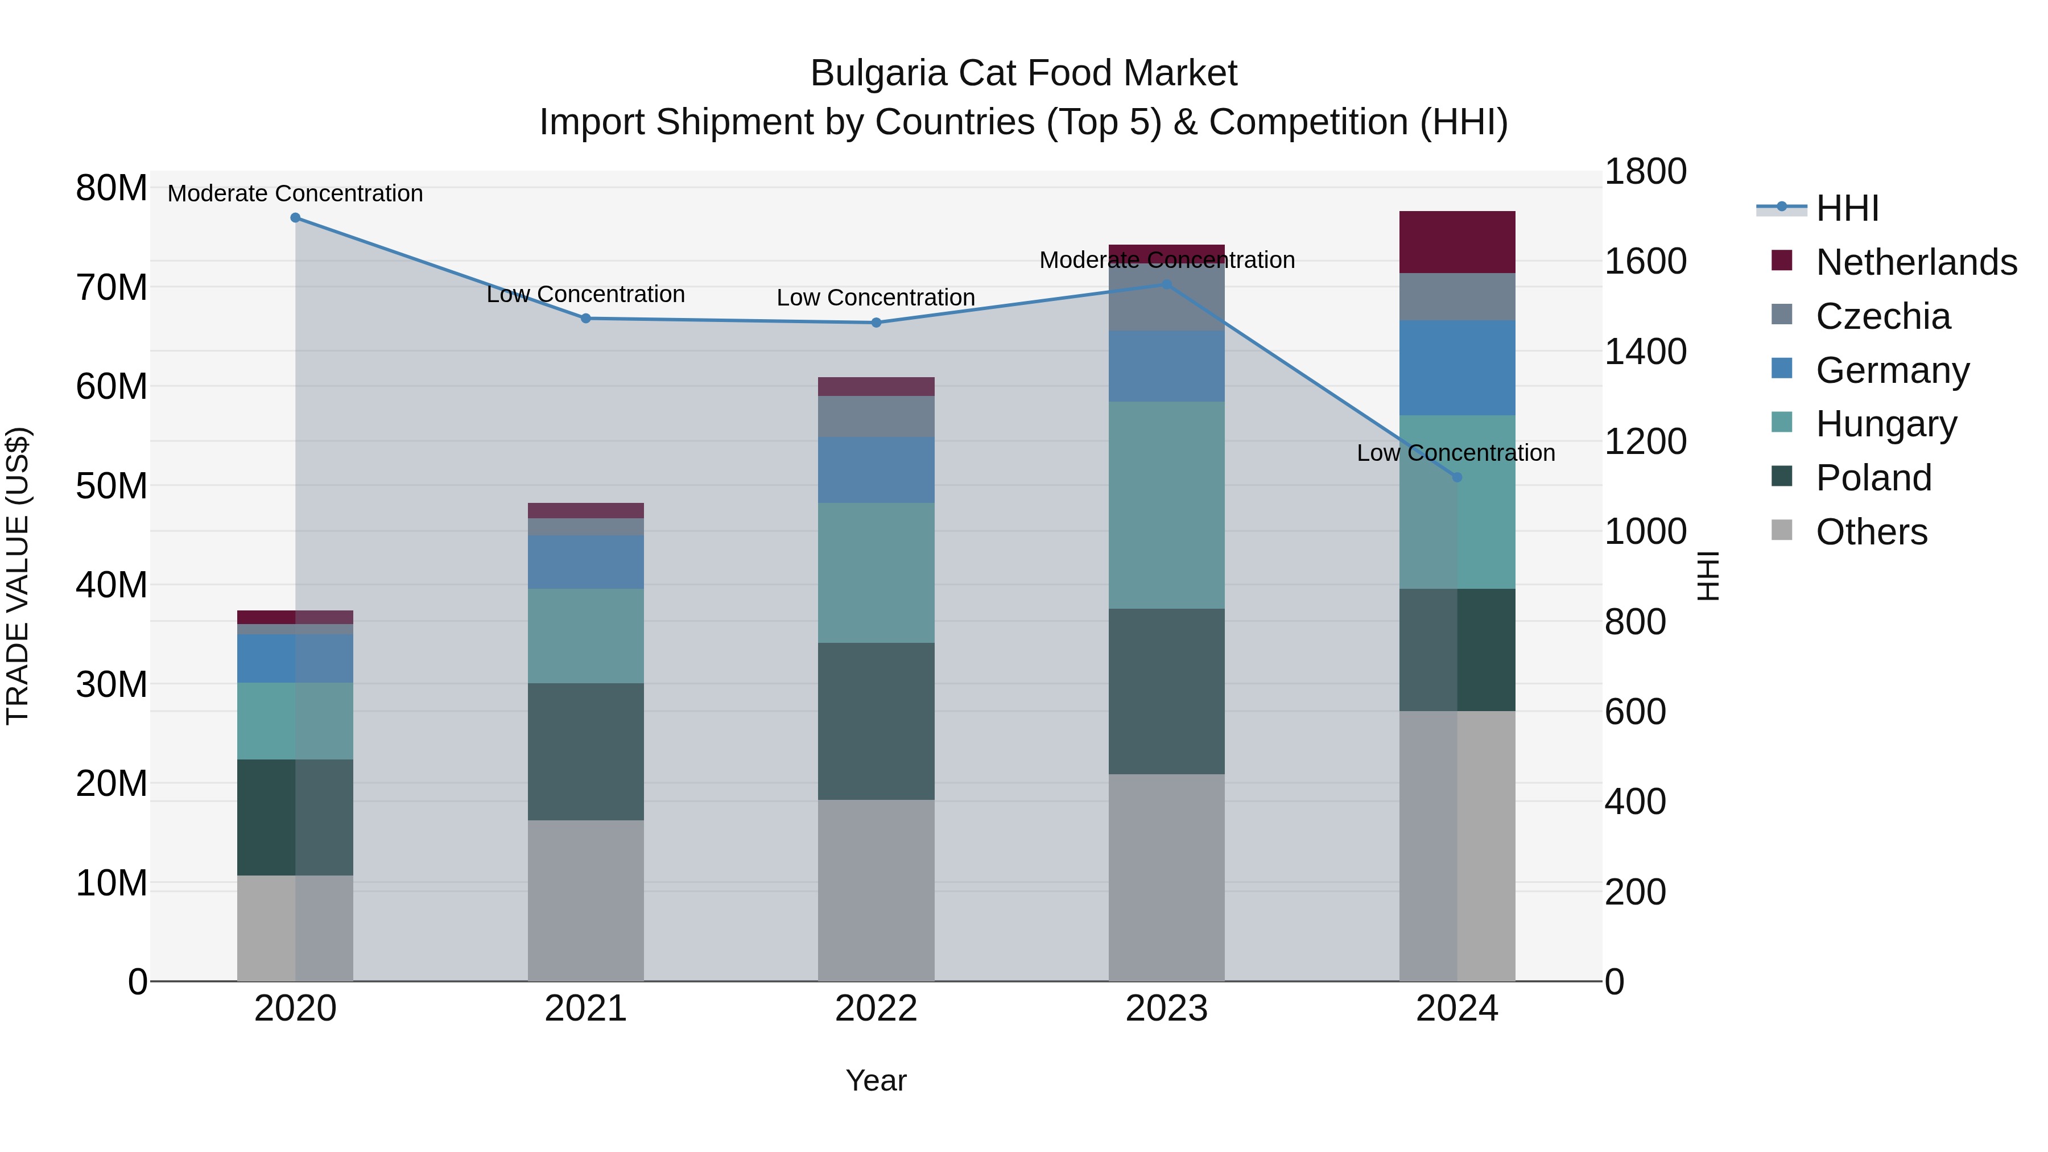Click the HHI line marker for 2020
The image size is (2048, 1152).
[295, 217]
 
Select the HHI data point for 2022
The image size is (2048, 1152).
[876, 322]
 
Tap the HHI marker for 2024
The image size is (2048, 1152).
[1456, 477]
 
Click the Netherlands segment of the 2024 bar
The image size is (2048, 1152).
[1456, 242]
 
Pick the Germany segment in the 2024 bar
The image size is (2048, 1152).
[1456, 368]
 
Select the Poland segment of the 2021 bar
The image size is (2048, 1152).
[585, 752]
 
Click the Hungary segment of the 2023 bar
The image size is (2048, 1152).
[1166, 505]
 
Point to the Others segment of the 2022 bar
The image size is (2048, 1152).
[876, 890]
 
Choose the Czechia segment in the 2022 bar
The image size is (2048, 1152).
[876, 416]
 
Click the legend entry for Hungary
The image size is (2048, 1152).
[1885, 424]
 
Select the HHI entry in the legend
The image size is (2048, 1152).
[1847, 208]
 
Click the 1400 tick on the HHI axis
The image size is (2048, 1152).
[1644, 352]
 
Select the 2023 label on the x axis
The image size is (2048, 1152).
[1166, 1009]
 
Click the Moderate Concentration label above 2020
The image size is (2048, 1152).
[295, 193]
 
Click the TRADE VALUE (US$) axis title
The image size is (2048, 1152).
[18, 576]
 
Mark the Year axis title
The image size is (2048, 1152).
[876, 1080]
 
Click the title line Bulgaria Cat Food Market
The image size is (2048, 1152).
[1023, 73]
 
